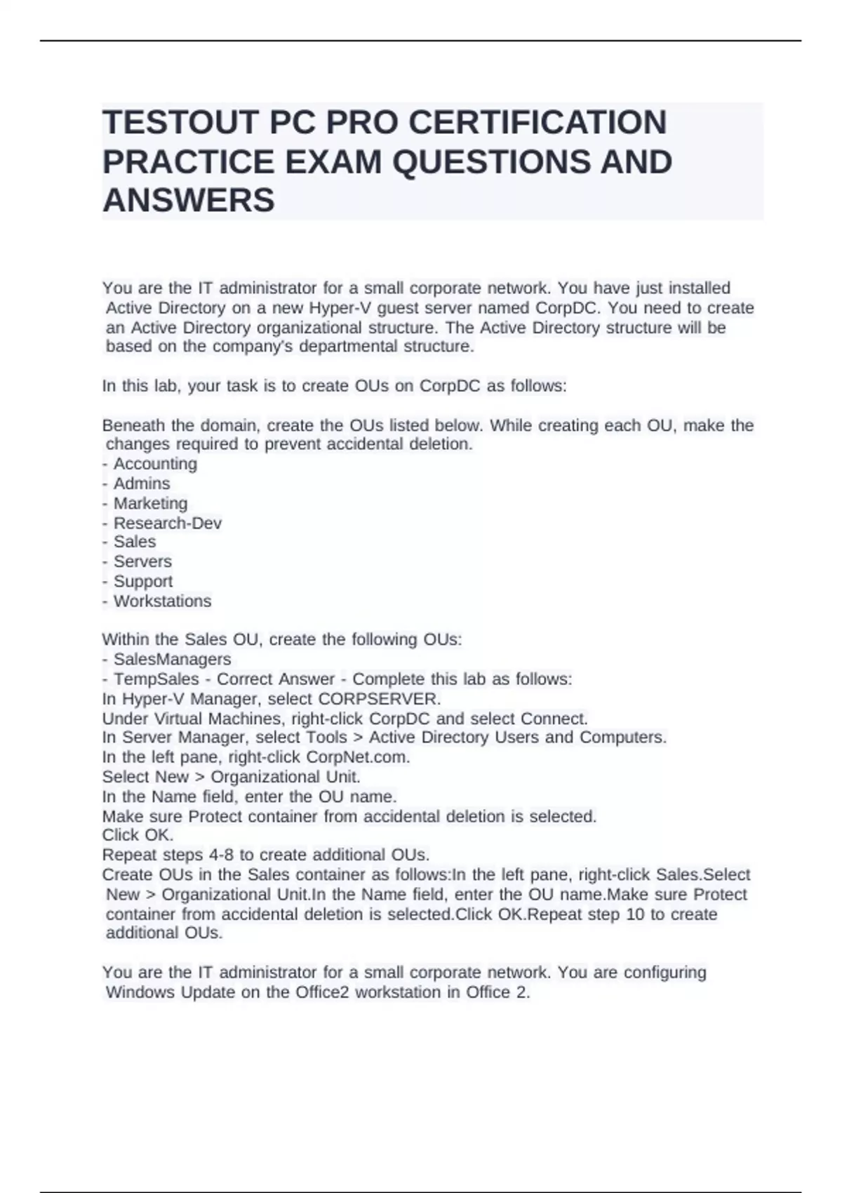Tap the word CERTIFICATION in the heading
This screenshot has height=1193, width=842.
tap(537, 123)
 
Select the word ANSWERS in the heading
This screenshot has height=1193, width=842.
tap(189, 201)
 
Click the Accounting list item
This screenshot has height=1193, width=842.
tap(155, 464)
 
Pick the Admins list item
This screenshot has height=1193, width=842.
tap(142, 484)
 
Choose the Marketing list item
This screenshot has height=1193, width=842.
tap(150, 503)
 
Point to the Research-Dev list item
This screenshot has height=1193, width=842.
tap(167, 523)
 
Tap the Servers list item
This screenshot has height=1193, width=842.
tap(142, 561)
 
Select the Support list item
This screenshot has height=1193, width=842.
tap(142, 581)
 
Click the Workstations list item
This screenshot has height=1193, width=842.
tap(162, 601)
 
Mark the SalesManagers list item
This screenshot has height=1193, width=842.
tap(172, 660)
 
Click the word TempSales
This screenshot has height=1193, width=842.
tap(156, 679)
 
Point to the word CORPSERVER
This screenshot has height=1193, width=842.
tap(379, 699)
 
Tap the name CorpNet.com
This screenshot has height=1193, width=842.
tap(358, 757)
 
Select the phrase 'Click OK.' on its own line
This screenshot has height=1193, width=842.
tap(138, 835)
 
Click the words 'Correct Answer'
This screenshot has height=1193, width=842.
tap(276, 679)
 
